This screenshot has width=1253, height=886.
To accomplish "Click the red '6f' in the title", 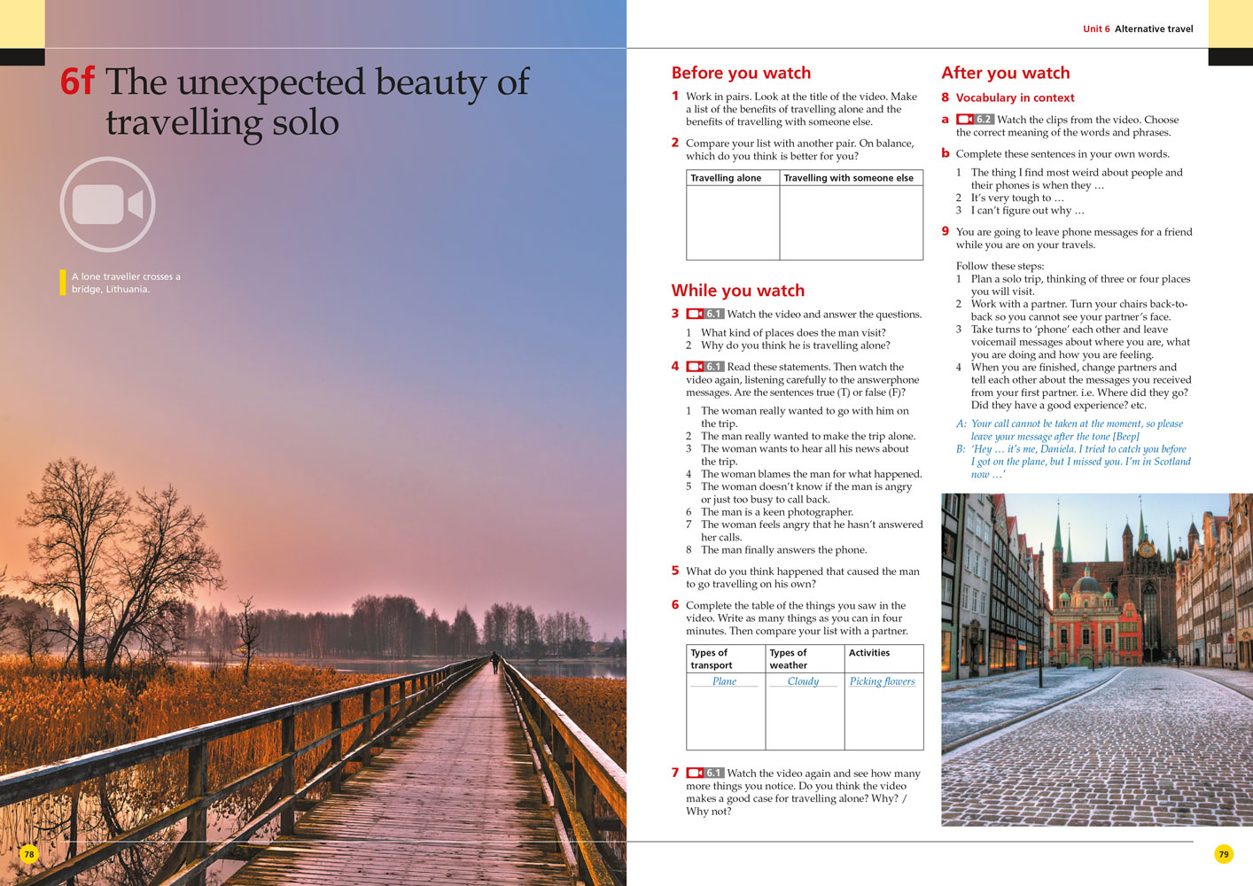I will tap(77, 82).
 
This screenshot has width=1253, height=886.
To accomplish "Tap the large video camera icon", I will tap(108, 205).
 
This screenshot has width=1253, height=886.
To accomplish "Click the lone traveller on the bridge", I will tap(495, 663).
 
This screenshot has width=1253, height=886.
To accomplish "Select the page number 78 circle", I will tap(29, 854).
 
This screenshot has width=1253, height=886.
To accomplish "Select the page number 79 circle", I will tap(1224, 854).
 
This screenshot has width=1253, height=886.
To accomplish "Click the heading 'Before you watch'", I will tap(741, 73).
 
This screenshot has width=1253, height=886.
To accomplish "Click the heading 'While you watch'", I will tap(737, 291).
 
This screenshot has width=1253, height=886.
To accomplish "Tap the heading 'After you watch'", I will tap(1005, 73).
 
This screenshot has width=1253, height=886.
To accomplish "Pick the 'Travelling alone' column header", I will tap(726, 178).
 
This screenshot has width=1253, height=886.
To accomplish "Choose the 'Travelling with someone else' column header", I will tap(848, 178).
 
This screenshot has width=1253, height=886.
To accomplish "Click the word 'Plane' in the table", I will tap(724, 681).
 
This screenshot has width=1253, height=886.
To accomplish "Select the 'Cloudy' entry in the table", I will tap(803, 681).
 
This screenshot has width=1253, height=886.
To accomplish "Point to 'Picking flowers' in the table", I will tap(882, 681).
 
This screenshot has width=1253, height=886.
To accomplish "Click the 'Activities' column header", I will tap(869, 653).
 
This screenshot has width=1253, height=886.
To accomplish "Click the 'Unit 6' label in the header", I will tap(1096, 29).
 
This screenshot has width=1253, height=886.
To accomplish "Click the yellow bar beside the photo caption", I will tap(63, 283).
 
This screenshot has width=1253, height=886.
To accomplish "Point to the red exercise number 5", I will tap(675, 571).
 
